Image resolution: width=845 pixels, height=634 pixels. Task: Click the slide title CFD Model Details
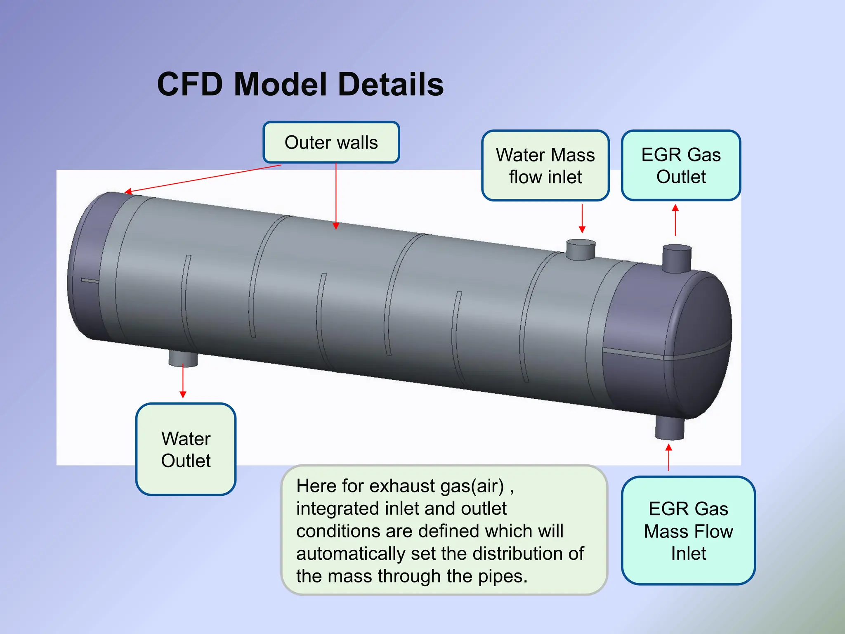300,85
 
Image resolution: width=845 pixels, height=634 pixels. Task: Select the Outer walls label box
331,142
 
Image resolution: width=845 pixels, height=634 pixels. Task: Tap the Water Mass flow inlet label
545,166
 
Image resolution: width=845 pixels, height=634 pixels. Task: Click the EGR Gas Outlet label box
681,166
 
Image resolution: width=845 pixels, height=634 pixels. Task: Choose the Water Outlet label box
186,449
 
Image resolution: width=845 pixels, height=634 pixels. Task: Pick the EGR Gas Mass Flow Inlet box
688,531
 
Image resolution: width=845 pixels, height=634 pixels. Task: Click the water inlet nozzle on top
580,249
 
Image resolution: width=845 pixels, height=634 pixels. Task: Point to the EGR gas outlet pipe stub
677,258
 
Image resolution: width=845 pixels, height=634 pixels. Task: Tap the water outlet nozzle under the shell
183,358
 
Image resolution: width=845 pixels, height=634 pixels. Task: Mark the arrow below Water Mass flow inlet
582,219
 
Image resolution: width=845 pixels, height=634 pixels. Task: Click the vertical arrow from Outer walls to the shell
336,196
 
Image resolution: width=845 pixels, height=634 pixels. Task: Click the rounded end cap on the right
697,343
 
